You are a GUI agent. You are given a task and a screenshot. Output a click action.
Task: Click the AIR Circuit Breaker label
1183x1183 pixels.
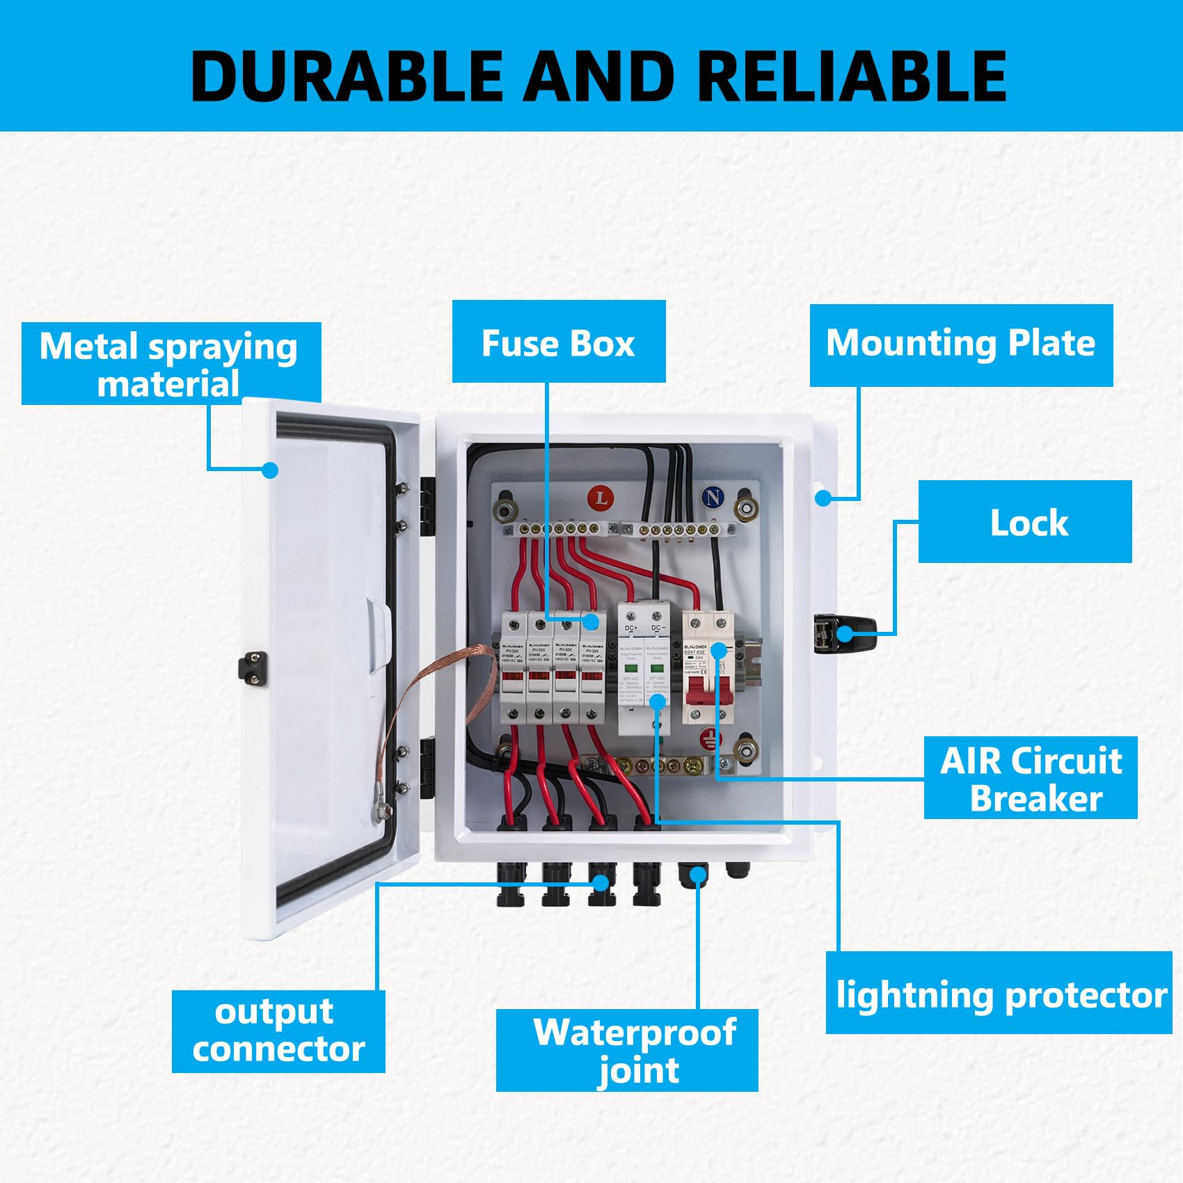[1031, 778]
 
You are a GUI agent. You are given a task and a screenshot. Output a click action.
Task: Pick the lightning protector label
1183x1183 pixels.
[999, 994]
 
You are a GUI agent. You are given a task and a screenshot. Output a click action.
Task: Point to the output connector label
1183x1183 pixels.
[278, 1031]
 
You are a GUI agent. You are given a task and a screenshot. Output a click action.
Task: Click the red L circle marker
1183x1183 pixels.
[601, 498]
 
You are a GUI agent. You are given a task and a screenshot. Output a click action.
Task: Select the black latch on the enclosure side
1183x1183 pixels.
[844, 633]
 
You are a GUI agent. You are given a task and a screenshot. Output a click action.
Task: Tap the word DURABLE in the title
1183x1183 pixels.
[346, 77]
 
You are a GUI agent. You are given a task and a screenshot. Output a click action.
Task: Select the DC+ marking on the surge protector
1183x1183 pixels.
[631, 628]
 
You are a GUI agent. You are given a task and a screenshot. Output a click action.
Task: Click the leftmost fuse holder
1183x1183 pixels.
[513, 668]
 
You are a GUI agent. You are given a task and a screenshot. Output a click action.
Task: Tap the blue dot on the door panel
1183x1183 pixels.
[271, 470]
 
